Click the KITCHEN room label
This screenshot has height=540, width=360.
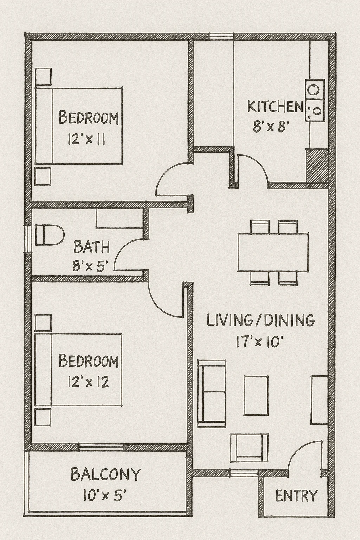[x=275, y=107]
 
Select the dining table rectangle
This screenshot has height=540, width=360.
[x=273, y=252]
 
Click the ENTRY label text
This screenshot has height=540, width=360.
[x=296, y=496]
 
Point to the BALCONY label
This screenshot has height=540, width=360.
[x=105, y=474]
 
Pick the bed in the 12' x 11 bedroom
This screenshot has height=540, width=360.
[x=79, y=126]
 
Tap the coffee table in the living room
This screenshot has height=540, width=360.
[x=256, y=396]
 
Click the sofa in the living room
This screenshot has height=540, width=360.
[x=211, y=393]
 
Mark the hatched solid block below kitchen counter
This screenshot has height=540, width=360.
[x=317, y=165]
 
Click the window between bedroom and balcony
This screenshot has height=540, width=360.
[x=102, y=447]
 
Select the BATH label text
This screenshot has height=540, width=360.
[x=91, y=247]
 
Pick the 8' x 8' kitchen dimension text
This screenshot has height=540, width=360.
[x=271, y=127]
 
